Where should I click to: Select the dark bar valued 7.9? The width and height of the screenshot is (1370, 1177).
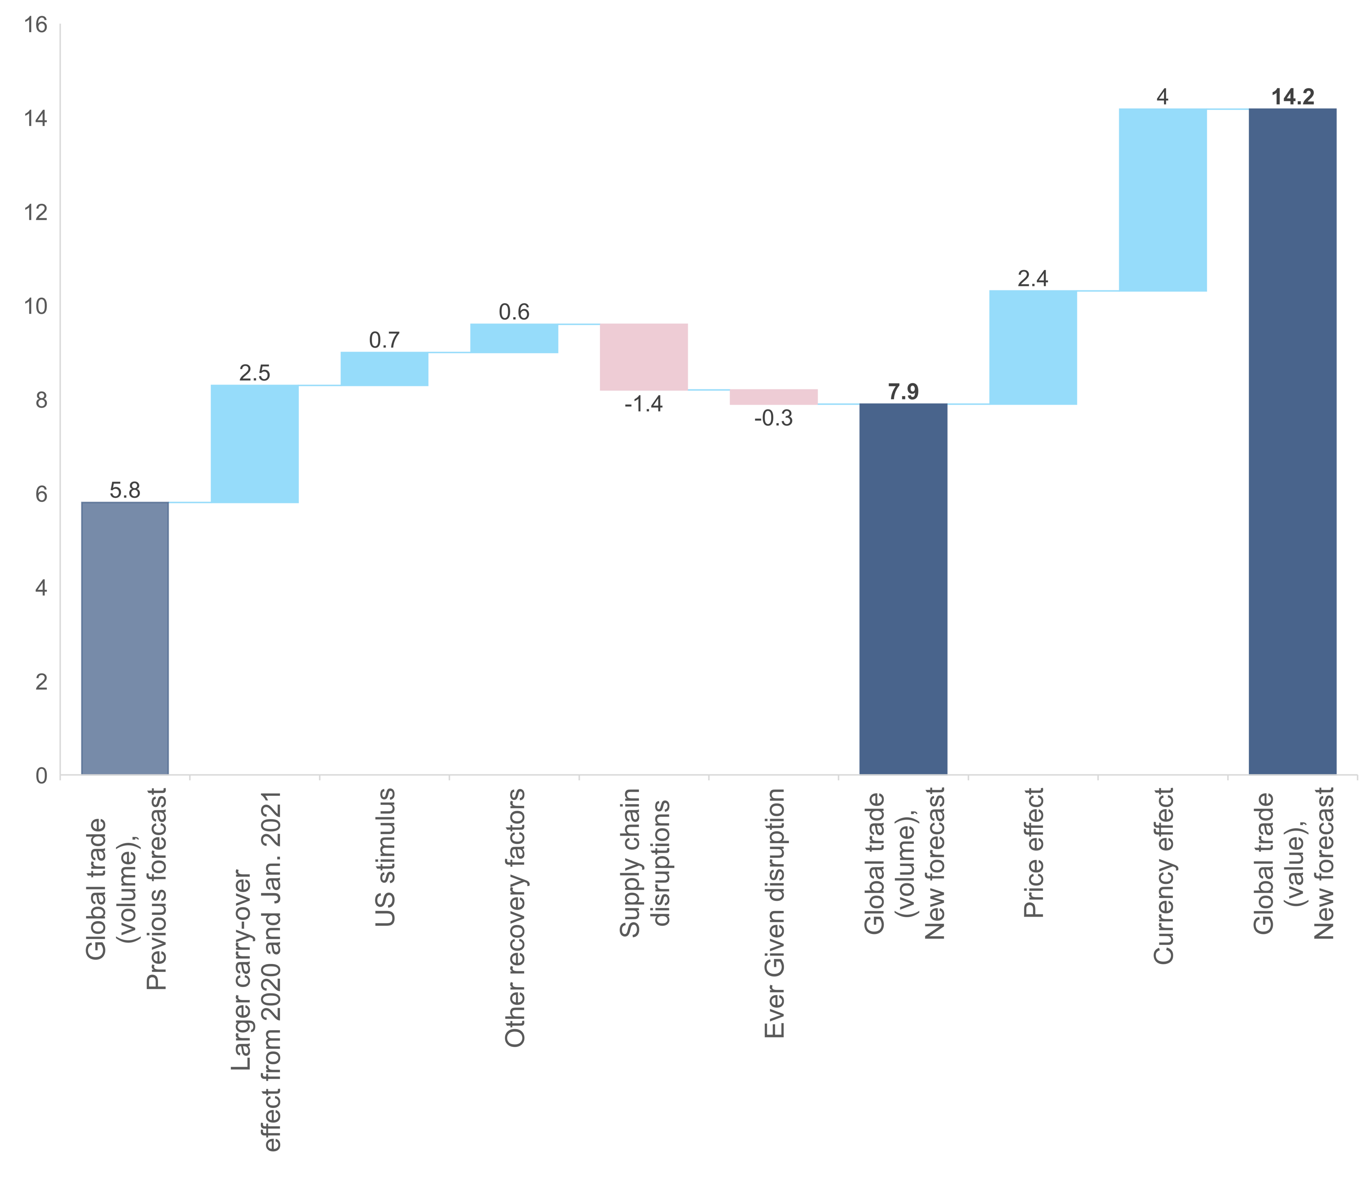903,589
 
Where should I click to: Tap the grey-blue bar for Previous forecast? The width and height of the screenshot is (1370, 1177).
125,638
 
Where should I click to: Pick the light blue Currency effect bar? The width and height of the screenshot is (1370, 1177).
1163,200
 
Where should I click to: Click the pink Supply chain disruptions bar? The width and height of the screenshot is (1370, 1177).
643,357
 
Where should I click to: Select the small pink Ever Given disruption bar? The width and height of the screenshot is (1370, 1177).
774,397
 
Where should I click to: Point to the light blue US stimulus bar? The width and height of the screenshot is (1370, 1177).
384,369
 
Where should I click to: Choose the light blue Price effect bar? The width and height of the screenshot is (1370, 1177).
1033,347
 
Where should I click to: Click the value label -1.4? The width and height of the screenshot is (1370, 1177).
643,404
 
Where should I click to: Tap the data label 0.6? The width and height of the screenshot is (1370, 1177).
514,312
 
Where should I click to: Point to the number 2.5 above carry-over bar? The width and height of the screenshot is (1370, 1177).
255,373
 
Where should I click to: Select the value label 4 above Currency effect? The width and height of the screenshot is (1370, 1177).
1163,97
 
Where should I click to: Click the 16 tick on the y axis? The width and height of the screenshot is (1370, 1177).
36,25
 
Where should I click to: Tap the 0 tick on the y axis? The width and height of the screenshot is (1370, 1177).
41,775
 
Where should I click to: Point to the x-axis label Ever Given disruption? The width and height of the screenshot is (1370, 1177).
774,913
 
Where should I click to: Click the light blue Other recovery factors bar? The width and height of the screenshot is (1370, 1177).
514,338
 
